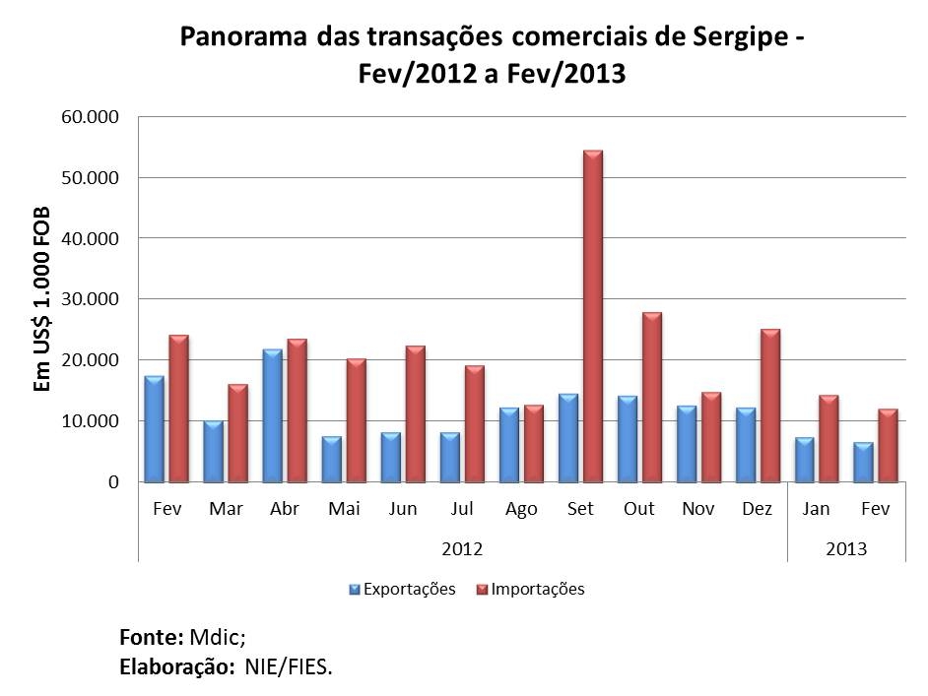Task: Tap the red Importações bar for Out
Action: [651, 398]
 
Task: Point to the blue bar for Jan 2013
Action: [805, 460]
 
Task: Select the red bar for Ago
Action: [533, 444]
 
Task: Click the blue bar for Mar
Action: [214, 452]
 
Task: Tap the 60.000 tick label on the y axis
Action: [91, 117]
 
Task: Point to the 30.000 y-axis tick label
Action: [91, 299]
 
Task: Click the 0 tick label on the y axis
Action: [114, 482]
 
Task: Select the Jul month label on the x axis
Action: [462, 509]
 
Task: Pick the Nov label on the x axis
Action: [698, 509]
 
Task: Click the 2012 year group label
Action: [462, 548]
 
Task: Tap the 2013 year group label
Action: [846, 548]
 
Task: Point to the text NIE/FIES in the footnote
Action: [294, 666]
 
